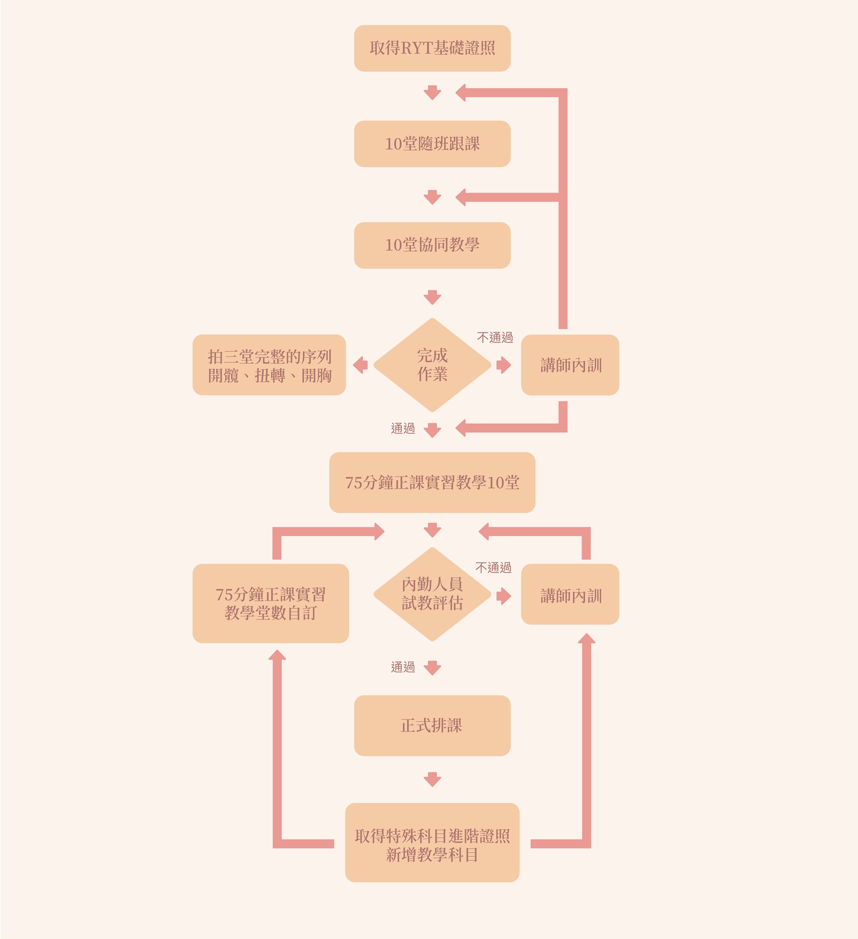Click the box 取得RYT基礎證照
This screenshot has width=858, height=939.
[432, 48]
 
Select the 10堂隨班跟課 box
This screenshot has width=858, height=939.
[432, 144]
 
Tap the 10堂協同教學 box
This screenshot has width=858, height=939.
[432, 245]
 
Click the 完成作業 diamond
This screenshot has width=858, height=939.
[432, 365]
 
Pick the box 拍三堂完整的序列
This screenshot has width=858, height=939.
[269, 365]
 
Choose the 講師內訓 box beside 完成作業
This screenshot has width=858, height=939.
[570, 365]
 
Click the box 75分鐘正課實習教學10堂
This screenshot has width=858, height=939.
[432, 482]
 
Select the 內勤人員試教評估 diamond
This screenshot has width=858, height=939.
[432, 594]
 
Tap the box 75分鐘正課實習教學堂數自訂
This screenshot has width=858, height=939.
[270, 603]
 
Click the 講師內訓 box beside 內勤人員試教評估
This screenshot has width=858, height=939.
[570, 594]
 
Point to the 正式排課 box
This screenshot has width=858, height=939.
[432, 725]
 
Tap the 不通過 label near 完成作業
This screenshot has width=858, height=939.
[495, 338]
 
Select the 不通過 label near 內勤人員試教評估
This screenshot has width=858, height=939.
[493, 568]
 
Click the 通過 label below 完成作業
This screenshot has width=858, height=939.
[403, 428]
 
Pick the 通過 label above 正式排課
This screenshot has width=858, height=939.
[403, 667]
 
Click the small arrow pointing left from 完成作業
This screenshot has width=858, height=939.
[360, 365]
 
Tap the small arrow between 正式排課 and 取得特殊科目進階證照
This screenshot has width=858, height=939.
[432, 779]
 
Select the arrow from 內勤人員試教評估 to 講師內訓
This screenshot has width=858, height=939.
[503, 596]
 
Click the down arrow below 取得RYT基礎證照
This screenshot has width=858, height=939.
[432, 92]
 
